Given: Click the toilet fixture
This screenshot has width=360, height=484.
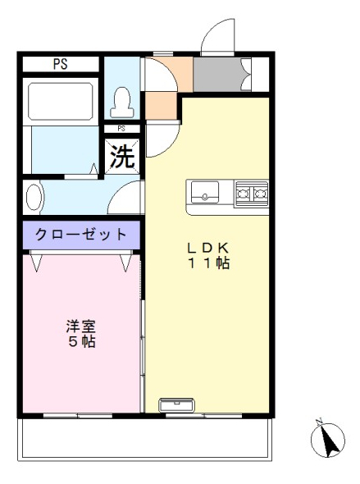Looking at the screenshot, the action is click(122, 103).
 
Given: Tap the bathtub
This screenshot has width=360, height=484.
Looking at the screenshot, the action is click(61, 102).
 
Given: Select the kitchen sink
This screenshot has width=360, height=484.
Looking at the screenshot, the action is click(205, 192).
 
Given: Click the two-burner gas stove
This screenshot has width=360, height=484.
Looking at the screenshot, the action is click(252, 194).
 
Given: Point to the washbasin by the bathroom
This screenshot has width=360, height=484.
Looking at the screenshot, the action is click(34, 197).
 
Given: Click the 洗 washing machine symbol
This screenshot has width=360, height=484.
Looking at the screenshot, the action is click(122, 156).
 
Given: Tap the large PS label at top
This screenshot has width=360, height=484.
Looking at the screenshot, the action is click(61, 64).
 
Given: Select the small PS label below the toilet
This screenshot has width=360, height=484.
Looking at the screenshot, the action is click(121, 129).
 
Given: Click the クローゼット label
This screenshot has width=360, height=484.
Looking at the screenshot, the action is click(81, 235).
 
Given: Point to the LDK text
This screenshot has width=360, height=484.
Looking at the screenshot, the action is click(208, 248).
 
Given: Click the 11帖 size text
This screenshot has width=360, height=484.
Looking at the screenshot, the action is click(208, 263).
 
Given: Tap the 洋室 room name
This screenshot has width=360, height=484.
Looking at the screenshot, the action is click(81, 326).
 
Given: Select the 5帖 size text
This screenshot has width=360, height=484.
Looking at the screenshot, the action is click(81, 341).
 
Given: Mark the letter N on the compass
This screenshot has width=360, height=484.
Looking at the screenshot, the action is click(319, 421).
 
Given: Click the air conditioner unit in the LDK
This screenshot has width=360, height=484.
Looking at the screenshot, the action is click(176, 405).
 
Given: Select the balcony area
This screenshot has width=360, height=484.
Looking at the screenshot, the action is click(145, 439).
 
